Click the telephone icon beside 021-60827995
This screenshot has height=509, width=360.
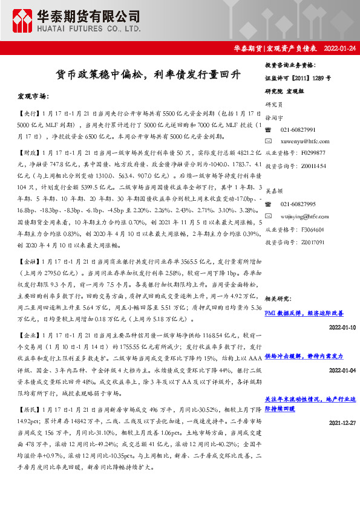tap(269, 205)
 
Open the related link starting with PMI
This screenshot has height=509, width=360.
tap(304, 313)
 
